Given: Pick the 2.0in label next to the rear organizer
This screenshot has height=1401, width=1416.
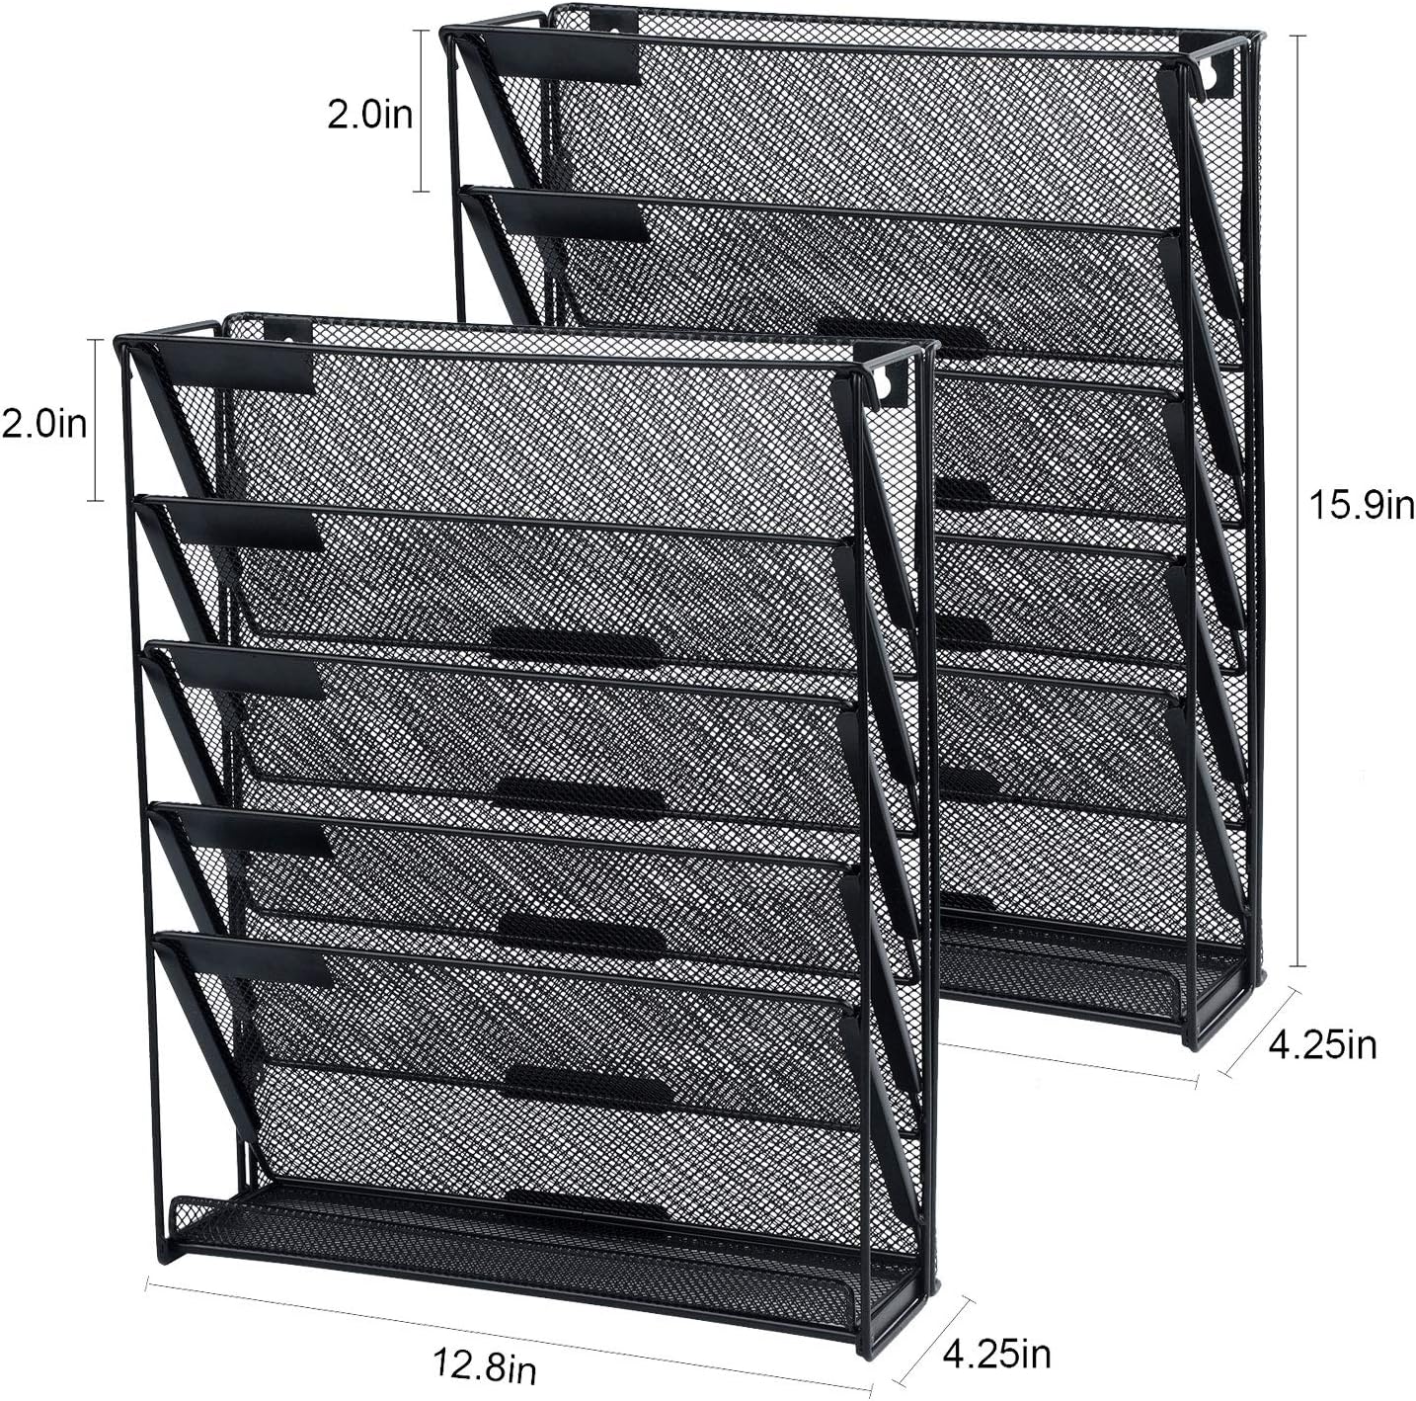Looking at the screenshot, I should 370,115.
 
